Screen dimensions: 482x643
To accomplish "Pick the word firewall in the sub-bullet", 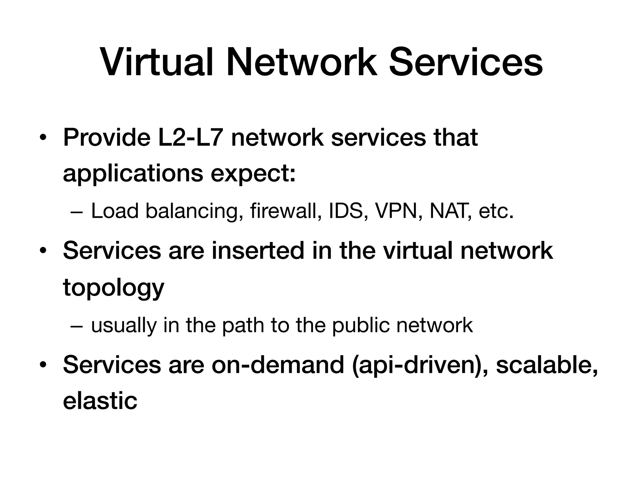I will tap(286, 211).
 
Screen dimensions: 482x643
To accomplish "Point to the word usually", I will tap(124, 325).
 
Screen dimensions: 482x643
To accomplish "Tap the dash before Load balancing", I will tap(77, 212).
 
